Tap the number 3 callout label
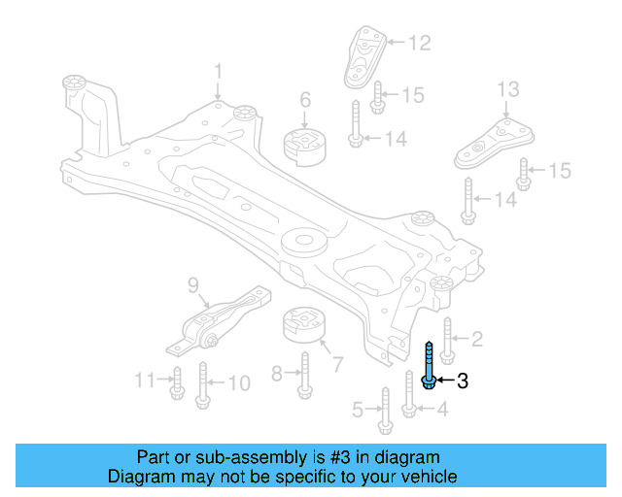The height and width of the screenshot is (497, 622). (x=463, y=381)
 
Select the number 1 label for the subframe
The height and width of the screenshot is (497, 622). (x=219, y=71)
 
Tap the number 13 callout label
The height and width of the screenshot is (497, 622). (x=508, y=90)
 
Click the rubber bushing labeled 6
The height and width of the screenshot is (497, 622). (x=301, y=145)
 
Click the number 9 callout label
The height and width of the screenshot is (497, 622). (x=192, y=284)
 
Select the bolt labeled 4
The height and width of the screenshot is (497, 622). (x=409, y=395)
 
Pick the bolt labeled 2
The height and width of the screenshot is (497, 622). (x=447, y=340)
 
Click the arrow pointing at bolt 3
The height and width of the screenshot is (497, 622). (x=444, y=381)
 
